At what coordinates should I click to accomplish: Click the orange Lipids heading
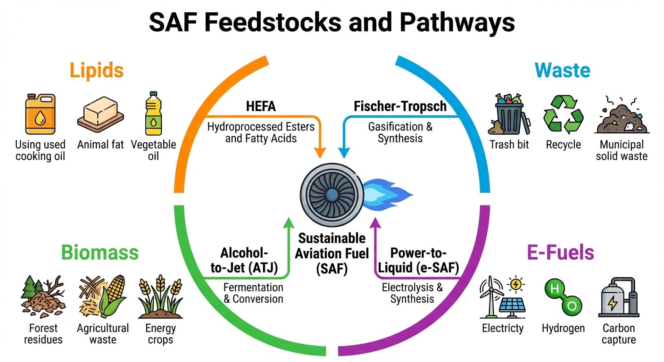click(97, 71)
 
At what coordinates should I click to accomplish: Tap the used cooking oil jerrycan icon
click(41, 114)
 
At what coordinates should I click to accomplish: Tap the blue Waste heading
click(562, 71)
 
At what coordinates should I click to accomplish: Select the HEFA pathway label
click(261, 107)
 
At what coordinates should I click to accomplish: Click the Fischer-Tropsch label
click(400, 107)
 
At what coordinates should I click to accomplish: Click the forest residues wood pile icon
click(43, 297)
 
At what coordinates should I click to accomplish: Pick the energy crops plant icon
click(160, 297)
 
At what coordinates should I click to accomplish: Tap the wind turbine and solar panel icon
click(502, 297)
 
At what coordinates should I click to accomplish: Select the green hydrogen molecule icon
click(562, 297)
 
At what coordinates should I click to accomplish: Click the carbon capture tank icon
click(618, 297)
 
